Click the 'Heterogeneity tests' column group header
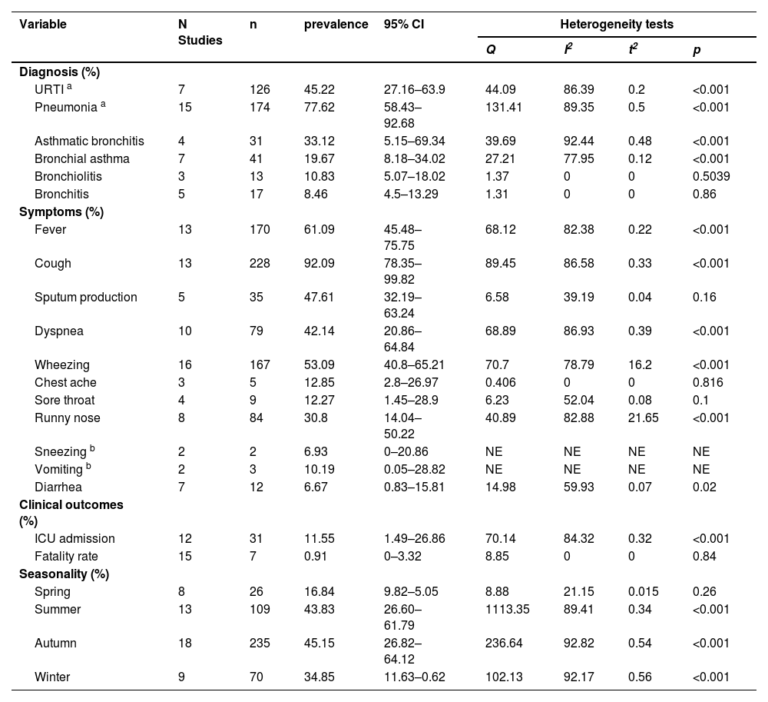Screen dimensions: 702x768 pyautogui.click(x=617, y=25)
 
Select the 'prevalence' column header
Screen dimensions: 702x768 pyautogui.click(x=336, y=25)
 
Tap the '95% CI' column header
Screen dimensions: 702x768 pyautogui.click(x=403, y=25)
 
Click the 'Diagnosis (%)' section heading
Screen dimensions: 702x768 pyautogui.click(x=60, y=72)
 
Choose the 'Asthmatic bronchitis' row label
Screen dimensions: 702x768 pyautogui.click(x=89, y=141)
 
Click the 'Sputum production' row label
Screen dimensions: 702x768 pyautogui.click(x=86, y=298)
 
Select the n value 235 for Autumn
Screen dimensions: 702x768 pyautogui.click(x=260, y=643)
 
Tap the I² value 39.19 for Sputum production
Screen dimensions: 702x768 pyautogui.click(x=578, y=298)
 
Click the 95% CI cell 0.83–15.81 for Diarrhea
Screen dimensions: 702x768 pyautogui.click(x=415, y=487)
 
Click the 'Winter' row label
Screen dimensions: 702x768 pyautogui.click(x=52, y=677)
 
